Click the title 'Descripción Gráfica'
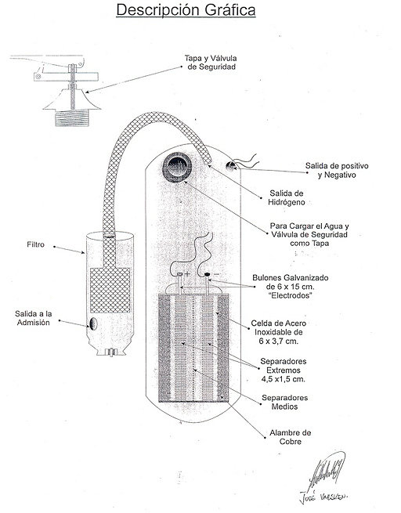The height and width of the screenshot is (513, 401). tap(184, 11)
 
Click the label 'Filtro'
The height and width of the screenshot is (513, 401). tap(38, 245)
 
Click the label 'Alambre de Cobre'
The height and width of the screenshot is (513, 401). tap(290, 437)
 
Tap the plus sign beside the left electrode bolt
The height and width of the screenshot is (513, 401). tap(188, 274)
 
